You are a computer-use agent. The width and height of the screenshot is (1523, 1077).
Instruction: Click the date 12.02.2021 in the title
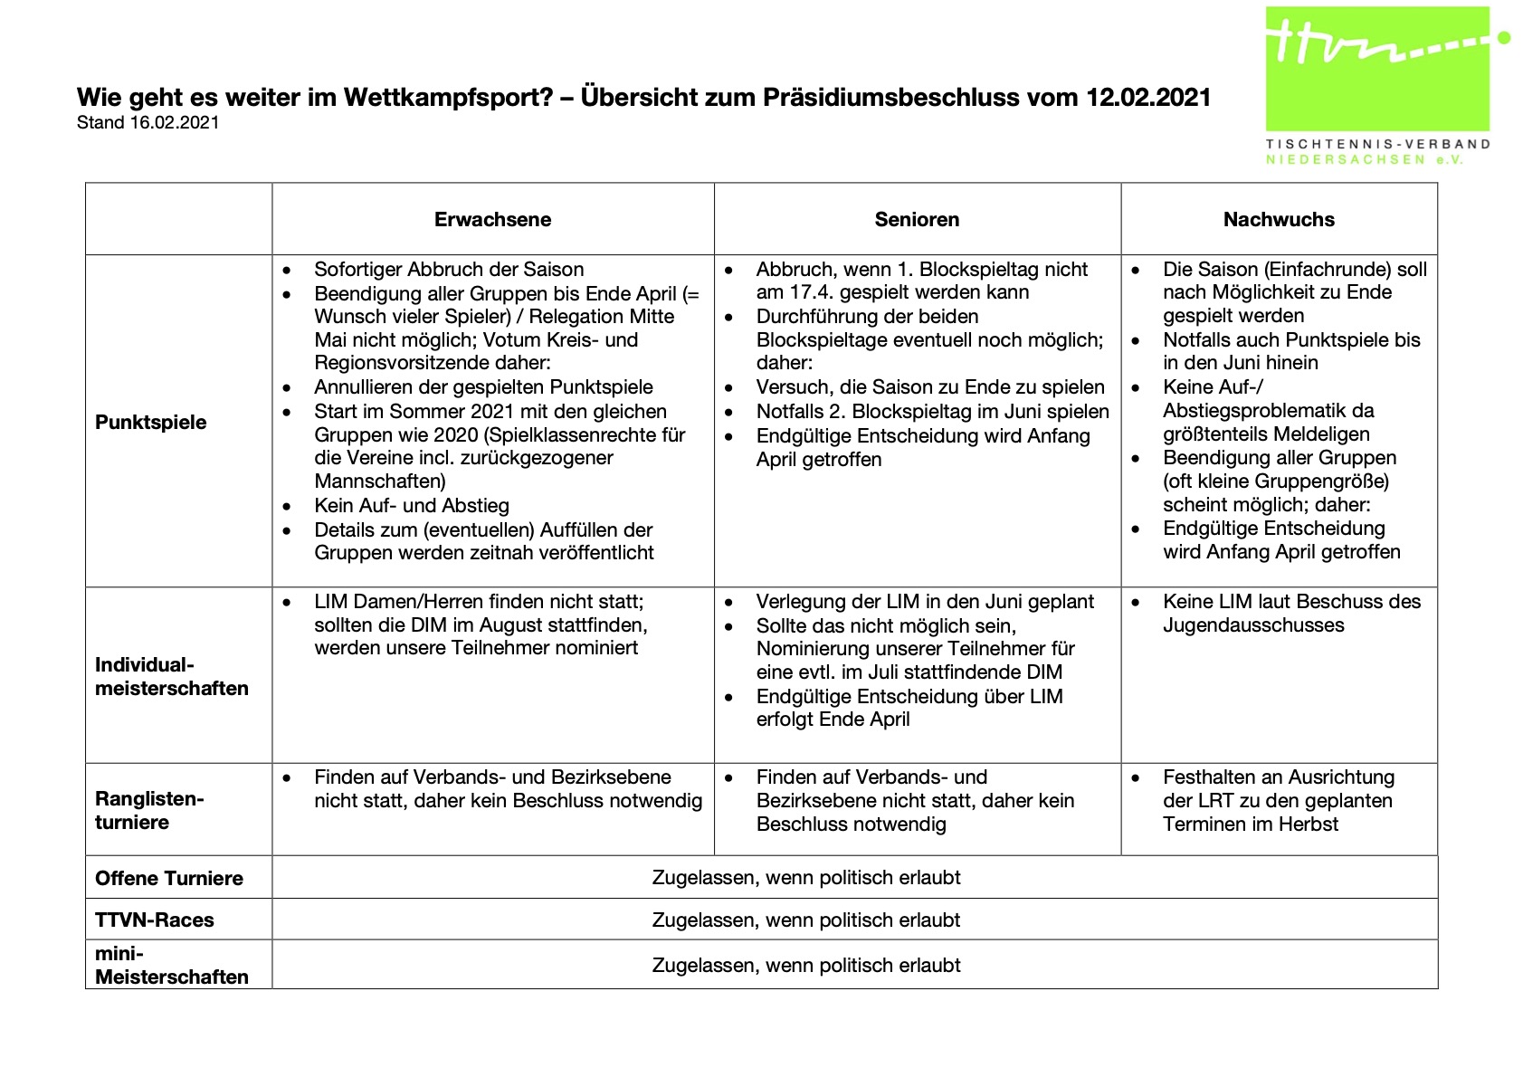pyautogui.click(x=1148, y=98)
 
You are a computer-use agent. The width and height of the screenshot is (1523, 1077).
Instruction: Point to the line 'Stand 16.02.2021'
pyautogui.click(x=148, y=123)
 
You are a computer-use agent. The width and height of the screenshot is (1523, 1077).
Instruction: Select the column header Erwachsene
pyautogui.click(x=492, y=220)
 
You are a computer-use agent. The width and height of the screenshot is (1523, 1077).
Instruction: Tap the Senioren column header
pyautogui.click(x=917, y=220)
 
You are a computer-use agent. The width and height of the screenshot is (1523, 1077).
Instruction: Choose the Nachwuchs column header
pyautogui.click(x=1278, y=220)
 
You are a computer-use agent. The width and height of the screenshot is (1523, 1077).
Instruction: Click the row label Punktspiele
pyautogui.click(x=151, y=423)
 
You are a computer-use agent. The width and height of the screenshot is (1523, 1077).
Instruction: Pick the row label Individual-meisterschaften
pyautogui.click(x=171, y=677)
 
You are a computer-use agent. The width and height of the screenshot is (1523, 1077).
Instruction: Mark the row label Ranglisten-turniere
pyautogui.click(x=149, y=811)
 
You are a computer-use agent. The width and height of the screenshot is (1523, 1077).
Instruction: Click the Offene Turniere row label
pyautogui.click(x=169, y=879)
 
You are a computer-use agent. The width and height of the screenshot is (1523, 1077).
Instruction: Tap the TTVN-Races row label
pyautogui.click(x=155, y=920)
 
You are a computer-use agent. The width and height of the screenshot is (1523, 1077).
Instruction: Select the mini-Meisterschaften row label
pyautogui.click(x=171, y=966)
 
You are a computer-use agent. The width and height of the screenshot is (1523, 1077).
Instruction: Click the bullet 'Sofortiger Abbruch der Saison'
pyautogui.click(x=449, y=270)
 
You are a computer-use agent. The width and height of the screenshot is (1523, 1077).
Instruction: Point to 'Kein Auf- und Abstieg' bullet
pyautogui.click(x=412, y=506)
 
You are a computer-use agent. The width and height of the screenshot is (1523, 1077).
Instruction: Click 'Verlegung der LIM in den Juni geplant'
pyautogui.click(x=925, y=602)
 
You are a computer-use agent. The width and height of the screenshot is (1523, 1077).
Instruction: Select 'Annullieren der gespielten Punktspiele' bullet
pyautogui.click(x=483, y=387)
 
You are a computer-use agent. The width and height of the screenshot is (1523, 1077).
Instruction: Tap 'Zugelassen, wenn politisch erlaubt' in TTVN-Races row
pyautogui.click(x=806, y=920)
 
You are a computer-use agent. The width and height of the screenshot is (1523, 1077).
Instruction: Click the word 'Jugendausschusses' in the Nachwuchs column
pyautogui.click(x=1253, y=625)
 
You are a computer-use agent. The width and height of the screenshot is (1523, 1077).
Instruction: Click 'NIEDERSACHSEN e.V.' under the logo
pyautogui.click(x=1364, y=160)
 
